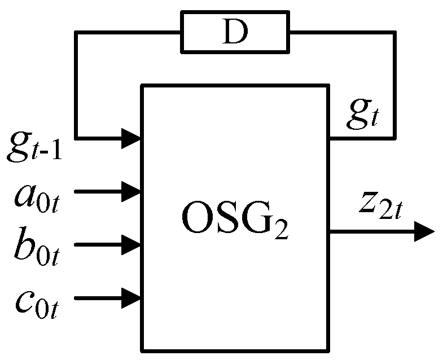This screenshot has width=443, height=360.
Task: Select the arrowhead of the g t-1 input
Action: pyautogui.click(x=132, y=137)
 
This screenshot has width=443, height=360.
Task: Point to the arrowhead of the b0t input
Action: pyautogui.click(x=132, y=245)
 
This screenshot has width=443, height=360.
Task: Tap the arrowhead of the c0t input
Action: pyautogui.click(x=132, y=297)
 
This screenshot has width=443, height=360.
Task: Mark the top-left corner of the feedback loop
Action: pyautogui.click(x=76, y=33)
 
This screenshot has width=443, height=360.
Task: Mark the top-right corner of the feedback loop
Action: pyautogui.click(x=393, y=33)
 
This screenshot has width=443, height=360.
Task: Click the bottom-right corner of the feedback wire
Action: pyautogui.click(x=393, y=137)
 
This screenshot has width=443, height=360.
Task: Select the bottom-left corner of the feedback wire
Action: pyautogui.click(x=76, y=137)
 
